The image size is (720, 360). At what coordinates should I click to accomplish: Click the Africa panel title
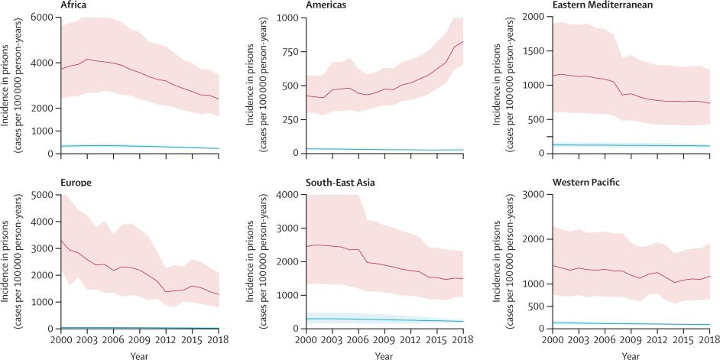tap(74, 5)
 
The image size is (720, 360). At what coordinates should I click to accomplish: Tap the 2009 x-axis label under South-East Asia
tap(389, 339)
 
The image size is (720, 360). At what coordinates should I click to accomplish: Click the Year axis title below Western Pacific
tap(631, 355)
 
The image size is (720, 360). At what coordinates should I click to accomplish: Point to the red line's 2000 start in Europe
tap(60, 241)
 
